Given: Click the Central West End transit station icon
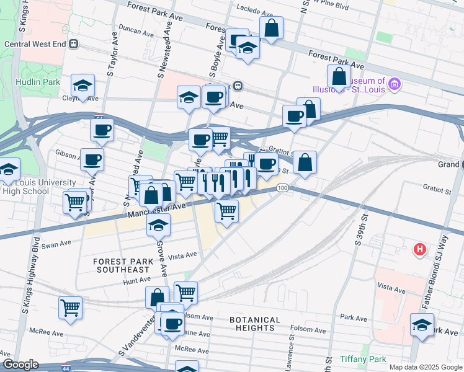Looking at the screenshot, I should click(x=74, y=43).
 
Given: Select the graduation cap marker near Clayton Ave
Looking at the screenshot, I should click(x=83, y=86).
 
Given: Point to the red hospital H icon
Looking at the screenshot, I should click(x=420, y=250).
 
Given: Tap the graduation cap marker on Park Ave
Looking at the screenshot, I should click(x=422, y=324).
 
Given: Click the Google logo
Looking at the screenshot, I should click(x=20, y=365).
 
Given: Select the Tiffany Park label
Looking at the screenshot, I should click(x=363, y=359).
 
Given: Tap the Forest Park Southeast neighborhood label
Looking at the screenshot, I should click(x=122, y=265).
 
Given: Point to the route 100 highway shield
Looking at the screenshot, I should click(x=282, y=188).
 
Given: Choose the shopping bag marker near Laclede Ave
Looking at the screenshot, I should click(x=271, y=28).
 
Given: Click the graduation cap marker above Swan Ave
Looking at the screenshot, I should click(x=159, y=225).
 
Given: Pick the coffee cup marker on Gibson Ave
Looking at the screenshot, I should click(x=92, y=159).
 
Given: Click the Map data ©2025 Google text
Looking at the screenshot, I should click(x=426, y=367).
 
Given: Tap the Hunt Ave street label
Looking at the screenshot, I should click(x=133, y=281).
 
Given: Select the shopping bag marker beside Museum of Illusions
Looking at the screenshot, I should click(x=339, y=77).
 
